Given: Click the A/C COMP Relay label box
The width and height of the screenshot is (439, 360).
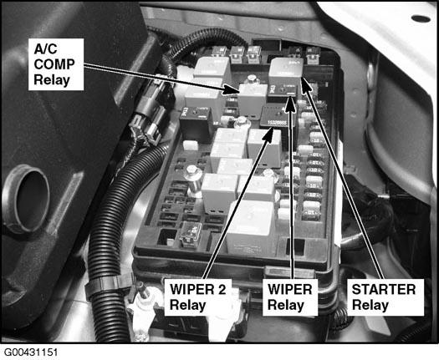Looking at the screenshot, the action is pos(56,64).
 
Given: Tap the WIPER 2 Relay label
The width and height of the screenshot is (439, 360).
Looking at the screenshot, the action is pos(198,297).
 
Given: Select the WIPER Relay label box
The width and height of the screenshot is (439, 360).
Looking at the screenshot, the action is pos(290,297).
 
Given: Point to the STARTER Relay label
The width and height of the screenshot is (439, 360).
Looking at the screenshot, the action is pos(385,297).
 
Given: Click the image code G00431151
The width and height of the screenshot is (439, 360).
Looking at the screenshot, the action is pos(31,352).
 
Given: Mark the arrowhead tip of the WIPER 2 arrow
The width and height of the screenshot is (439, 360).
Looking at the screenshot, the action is pos(273,127).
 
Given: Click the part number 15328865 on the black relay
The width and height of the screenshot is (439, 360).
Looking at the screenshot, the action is pos(277,123).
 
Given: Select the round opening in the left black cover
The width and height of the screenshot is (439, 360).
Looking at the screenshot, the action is pos(27,199).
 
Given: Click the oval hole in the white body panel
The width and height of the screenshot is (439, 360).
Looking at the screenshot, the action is pos(421,18).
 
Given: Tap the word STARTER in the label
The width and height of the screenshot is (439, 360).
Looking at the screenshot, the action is pos(384,290).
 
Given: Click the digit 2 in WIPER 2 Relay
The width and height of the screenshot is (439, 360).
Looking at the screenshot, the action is pos(222,290).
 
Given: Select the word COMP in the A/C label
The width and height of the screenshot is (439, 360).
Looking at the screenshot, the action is pos(54,64).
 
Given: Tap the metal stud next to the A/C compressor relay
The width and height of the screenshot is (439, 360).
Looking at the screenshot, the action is pos(252,79).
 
